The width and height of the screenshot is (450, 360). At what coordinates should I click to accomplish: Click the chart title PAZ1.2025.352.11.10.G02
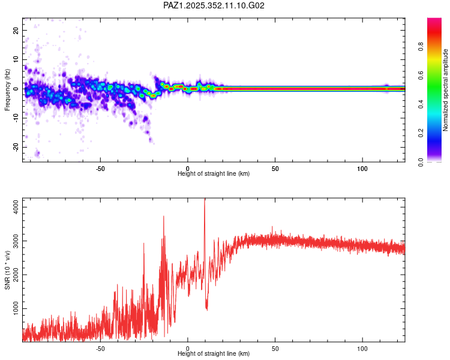coord(214,5)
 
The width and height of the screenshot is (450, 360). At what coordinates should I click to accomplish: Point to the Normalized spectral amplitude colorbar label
coord(446,90)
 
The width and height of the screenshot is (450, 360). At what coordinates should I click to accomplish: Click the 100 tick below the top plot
coord(362,168)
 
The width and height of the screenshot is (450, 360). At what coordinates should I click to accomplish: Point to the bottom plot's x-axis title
coord(214,354)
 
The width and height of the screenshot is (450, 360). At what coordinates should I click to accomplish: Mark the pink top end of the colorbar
coord(434,20)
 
